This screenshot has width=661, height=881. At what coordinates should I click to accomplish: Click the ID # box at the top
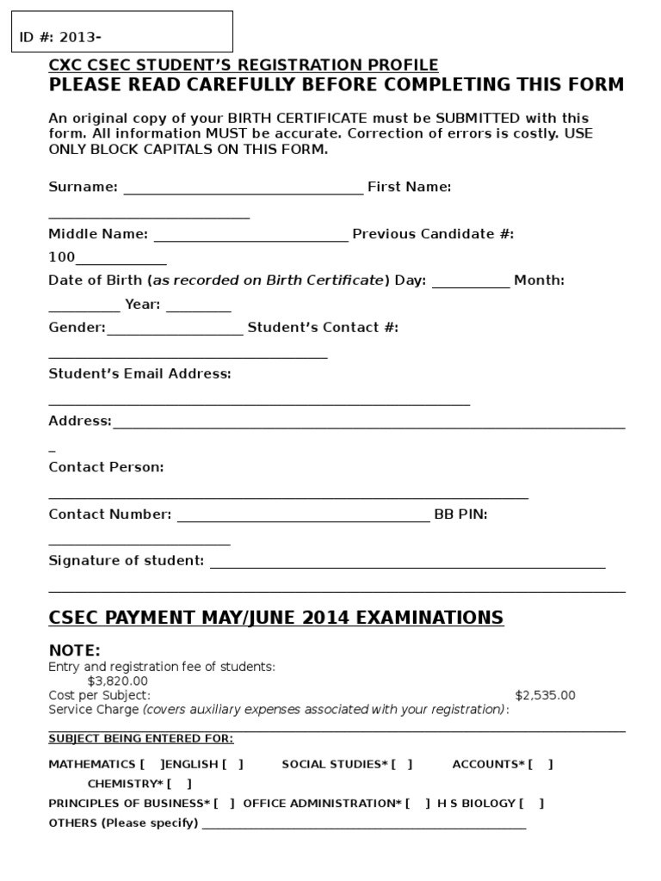pyautogui.click(x=121, y=32)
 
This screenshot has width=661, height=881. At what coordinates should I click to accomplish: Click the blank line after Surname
pyautogui.click(x=244, y=188)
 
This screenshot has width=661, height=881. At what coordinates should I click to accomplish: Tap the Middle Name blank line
pyautogui.click(x=250, y=235)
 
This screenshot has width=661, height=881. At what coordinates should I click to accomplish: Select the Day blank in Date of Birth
pyautogui.click(x=470, y=281)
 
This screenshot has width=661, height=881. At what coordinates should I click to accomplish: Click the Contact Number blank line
pyautogui.click(x=302, y=515)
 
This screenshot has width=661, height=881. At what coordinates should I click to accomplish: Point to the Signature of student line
pyautogui.click(x=407, y=562)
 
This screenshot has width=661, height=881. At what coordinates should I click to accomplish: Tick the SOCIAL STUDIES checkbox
pyautogui.click(x=402, y=764)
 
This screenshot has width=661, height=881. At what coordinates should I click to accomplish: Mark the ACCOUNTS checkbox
pyautogui.click(x=541, y=764)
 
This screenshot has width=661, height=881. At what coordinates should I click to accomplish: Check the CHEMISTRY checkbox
pyautogui.click(x=179, y=784)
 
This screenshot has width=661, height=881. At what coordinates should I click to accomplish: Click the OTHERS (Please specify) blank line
pyautogui.click(x=363, y=824)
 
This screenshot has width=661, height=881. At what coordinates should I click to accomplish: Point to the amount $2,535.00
pyautogui.click(x=545, y=695)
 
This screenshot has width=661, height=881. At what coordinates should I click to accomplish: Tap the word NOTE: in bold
pyautogui.click(x=75, y=650)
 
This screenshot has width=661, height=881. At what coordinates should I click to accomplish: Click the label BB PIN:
pyautogui.click(x=460, y=514)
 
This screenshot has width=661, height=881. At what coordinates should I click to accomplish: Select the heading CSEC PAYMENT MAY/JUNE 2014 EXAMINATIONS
pyautogui.click(x=276, y=618)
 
